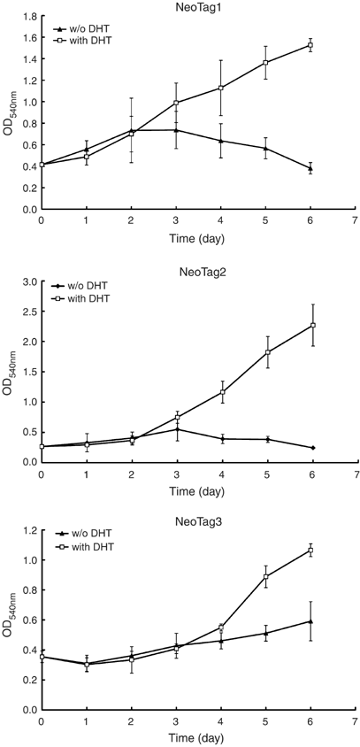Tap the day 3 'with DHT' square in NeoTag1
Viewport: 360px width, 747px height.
(x=176, y=103)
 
